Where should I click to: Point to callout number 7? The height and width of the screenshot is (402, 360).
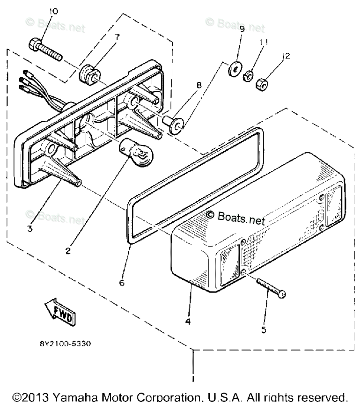pyautogui.click(x=104, y=36)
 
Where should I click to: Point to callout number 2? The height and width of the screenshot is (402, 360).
pyautogui.click(x=68, y=251)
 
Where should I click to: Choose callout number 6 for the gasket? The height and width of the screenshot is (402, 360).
pyautogui.click(x=122, y=283)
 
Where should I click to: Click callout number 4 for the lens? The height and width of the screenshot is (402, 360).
pyautogui.click(x=187, y=322)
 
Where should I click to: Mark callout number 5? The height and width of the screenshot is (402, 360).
pyautogui.click(x=264, y=329)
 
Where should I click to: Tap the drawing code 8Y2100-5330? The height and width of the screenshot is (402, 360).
pyautogui.click(x=65, y=344)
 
